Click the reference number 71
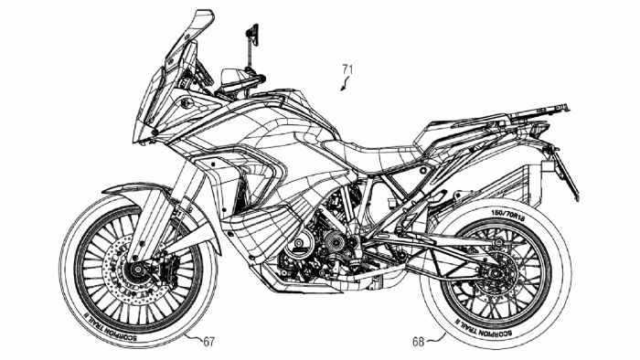coord(347,68)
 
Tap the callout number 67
coord(209,342)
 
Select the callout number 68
coord(418,343)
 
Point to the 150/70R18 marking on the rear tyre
coord(511,214)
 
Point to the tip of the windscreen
coord(208,13)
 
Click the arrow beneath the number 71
coord(342,87)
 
